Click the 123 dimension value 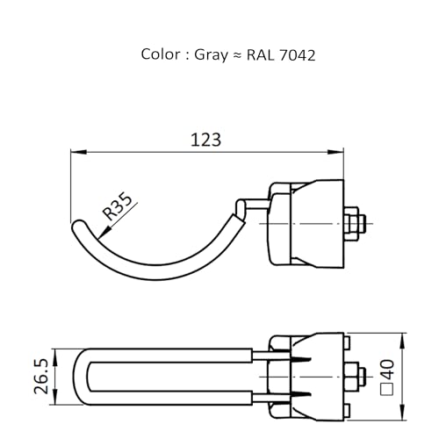(x=205, y=140)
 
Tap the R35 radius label (x=118, y=206)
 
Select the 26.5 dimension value (x=41, y=376)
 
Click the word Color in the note (x=161, y=54)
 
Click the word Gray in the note (x=211, y=55)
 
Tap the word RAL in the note (x=261, y=55)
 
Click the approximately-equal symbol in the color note (x=237, y=55)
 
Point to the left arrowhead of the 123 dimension (x=78, y=152)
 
